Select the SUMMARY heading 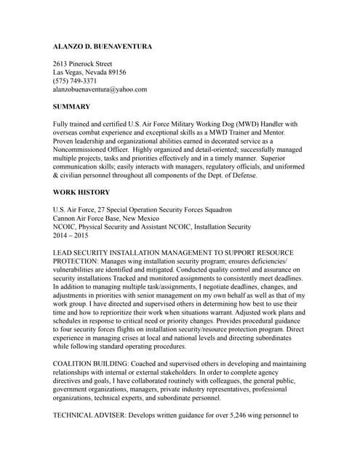coord(71,107)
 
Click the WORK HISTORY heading coord(81,193)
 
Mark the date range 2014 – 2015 coord(71,235)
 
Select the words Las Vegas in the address coord(70,73)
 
